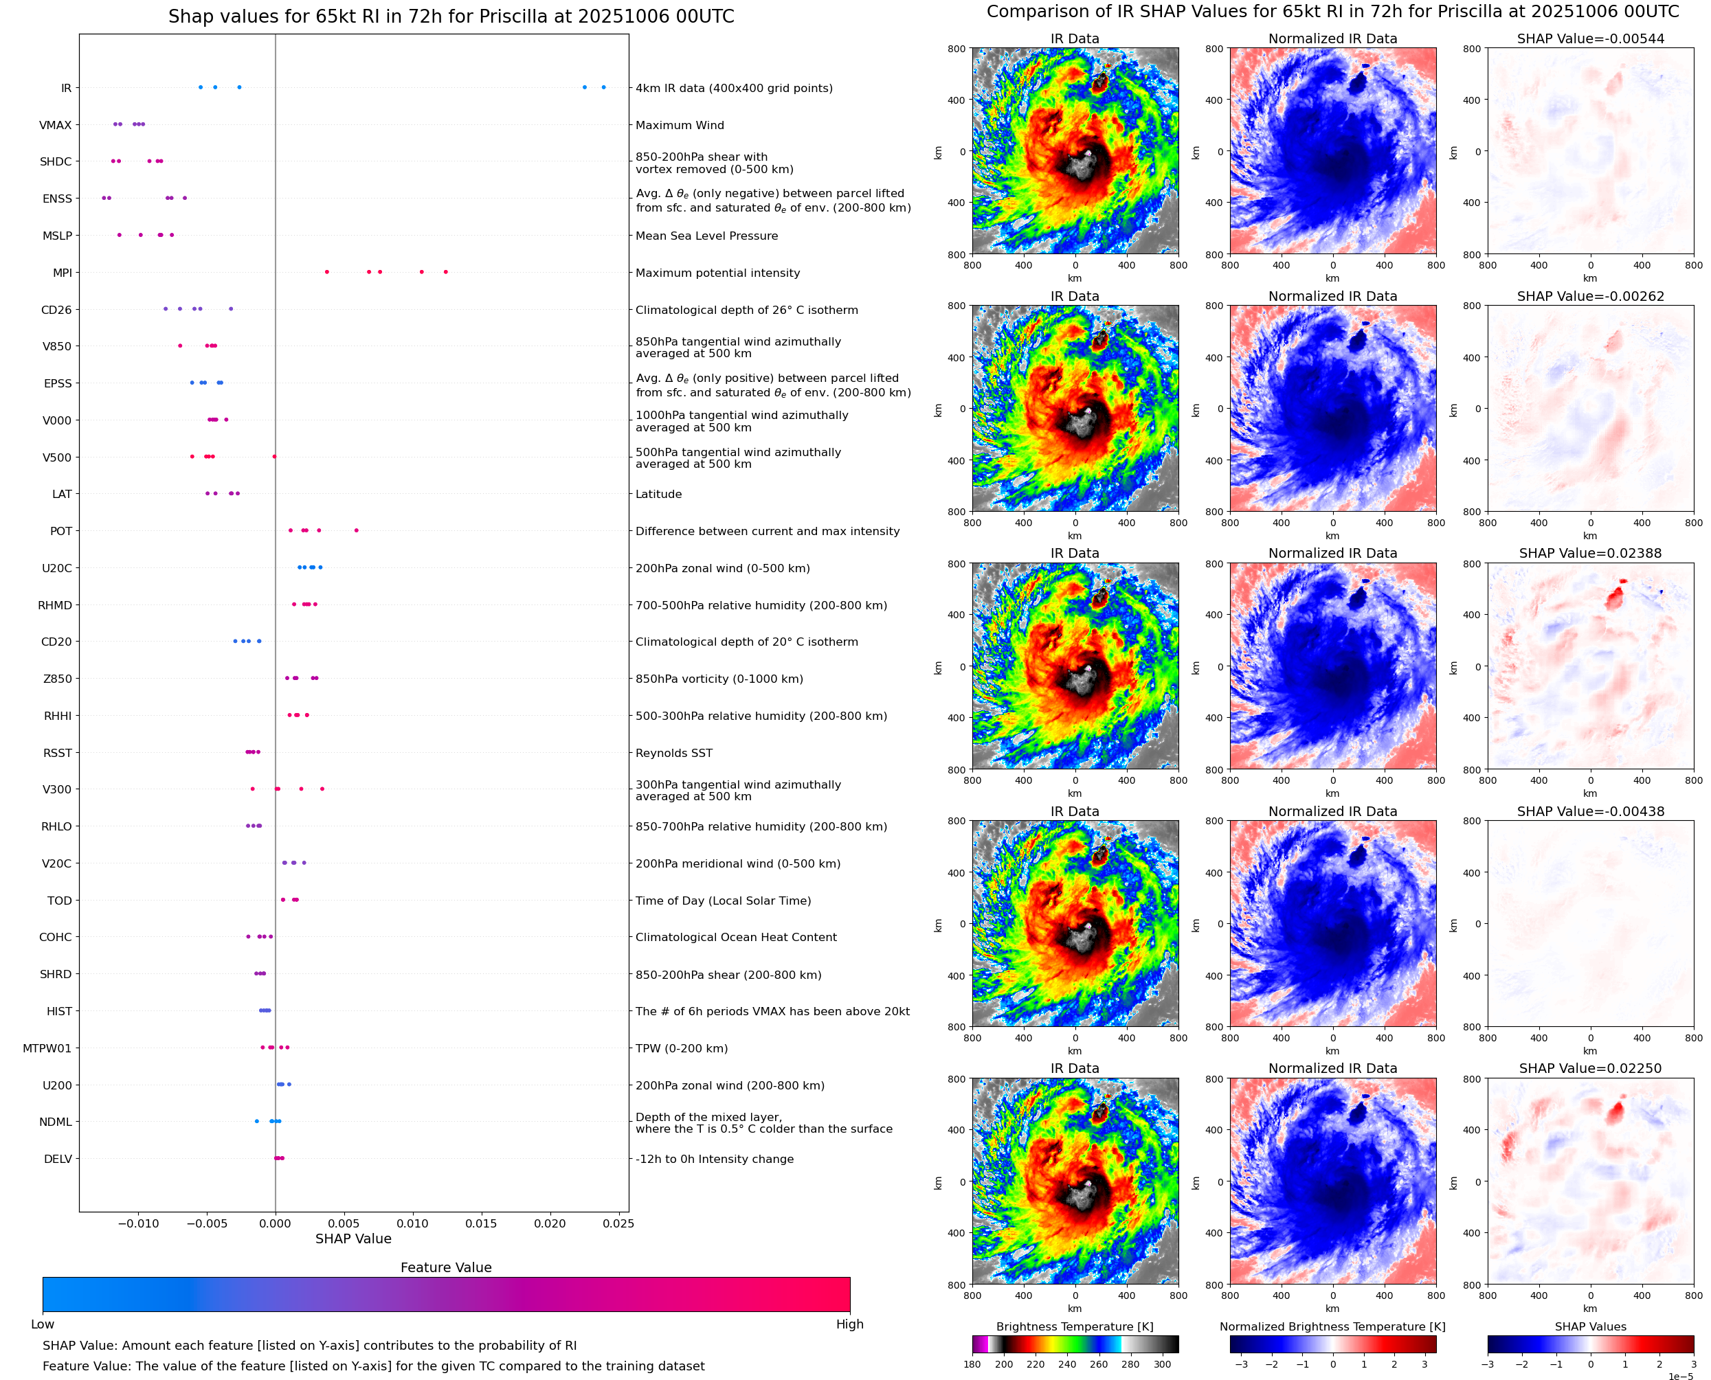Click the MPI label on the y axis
[62, 273]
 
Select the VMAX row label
[55, 125]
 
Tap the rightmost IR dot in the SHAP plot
[603, 87]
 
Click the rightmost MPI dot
[445, 272]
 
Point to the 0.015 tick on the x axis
[481, 1223]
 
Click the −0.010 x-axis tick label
[137, 1223]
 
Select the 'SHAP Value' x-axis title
[353, 1238]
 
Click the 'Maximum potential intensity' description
[717, 273]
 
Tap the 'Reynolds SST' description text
[673, 753]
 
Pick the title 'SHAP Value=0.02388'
[1590, 553]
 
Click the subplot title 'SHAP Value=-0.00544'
[1590, 38]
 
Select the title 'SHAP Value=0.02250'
[1590, 1068]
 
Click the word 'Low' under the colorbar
[43, 1324]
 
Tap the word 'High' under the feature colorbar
[849, 1324]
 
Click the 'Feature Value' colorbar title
[446, 1267]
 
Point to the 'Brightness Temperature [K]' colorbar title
[1074, 1326]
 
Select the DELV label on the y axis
[57, 1159]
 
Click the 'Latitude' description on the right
[658, 494]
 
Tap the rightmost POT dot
[356, 530]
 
